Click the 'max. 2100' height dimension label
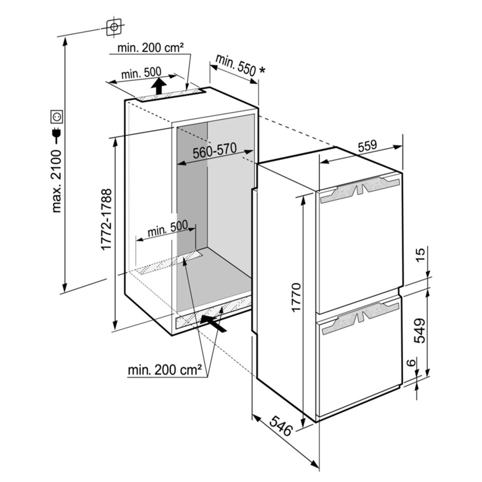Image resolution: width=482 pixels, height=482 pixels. (x=57, y=181)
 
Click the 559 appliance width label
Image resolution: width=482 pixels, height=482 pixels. (x=367, y=146)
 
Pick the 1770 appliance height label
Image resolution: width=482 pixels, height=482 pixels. (x=296, y=297)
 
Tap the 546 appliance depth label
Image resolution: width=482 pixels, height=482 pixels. (x=281, y=426)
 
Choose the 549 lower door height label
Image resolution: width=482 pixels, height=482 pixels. (x=419, y=331)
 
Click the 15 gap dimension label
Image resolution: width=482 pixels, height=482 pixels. (x=420, y=254)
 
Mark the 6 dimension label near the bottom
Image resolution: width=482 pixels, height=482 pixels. (x=411, y=363)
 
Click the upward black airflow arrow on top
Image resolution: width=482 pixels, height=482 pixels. (x=159, y=86)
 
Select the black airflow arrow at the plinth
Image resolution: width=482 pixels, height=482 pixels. (x=213, y=324)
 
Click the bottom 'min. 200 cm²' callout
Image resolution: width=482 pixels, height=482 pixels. (x=165, y=370)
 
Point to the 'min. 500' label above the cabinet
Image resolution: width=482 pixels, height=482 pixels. (x=141, y=73)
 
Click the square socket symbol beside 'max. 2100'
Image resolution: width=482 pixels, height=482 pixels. (x=57, y=117)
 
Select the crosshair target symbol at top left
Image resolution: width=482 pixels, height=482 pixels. (x=114, y=27)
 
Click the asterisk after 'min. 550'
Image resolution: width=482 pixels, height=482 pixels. (x=262, y=70)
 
